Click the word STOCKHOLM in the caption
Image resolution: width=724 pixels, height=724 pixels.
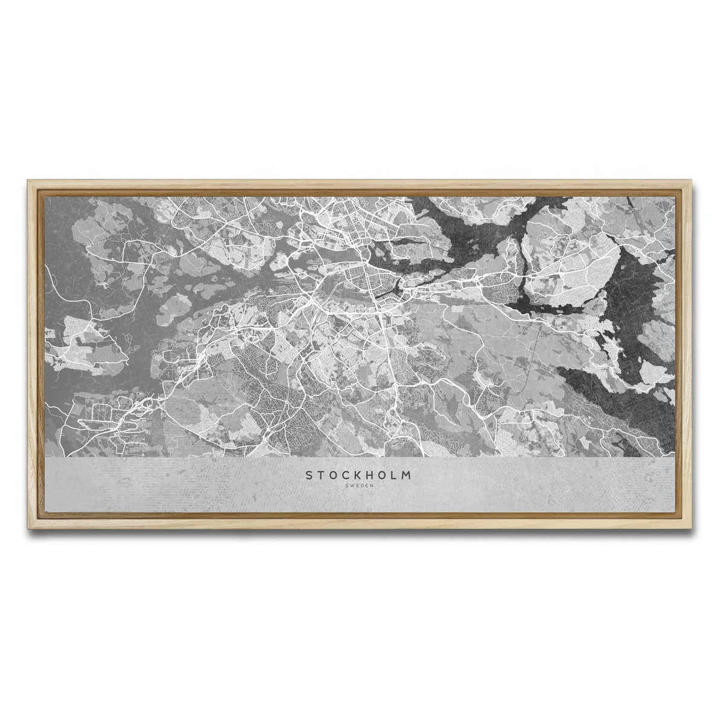pyautogui.click(x=359, y=476)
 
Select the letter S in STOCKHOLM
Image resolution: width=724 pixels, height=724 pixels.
pyautogui.click(x=310, y=476)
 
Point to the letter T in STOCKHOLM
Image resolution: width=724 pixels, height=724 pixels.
pyautogui.click(x=321, y=476)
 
